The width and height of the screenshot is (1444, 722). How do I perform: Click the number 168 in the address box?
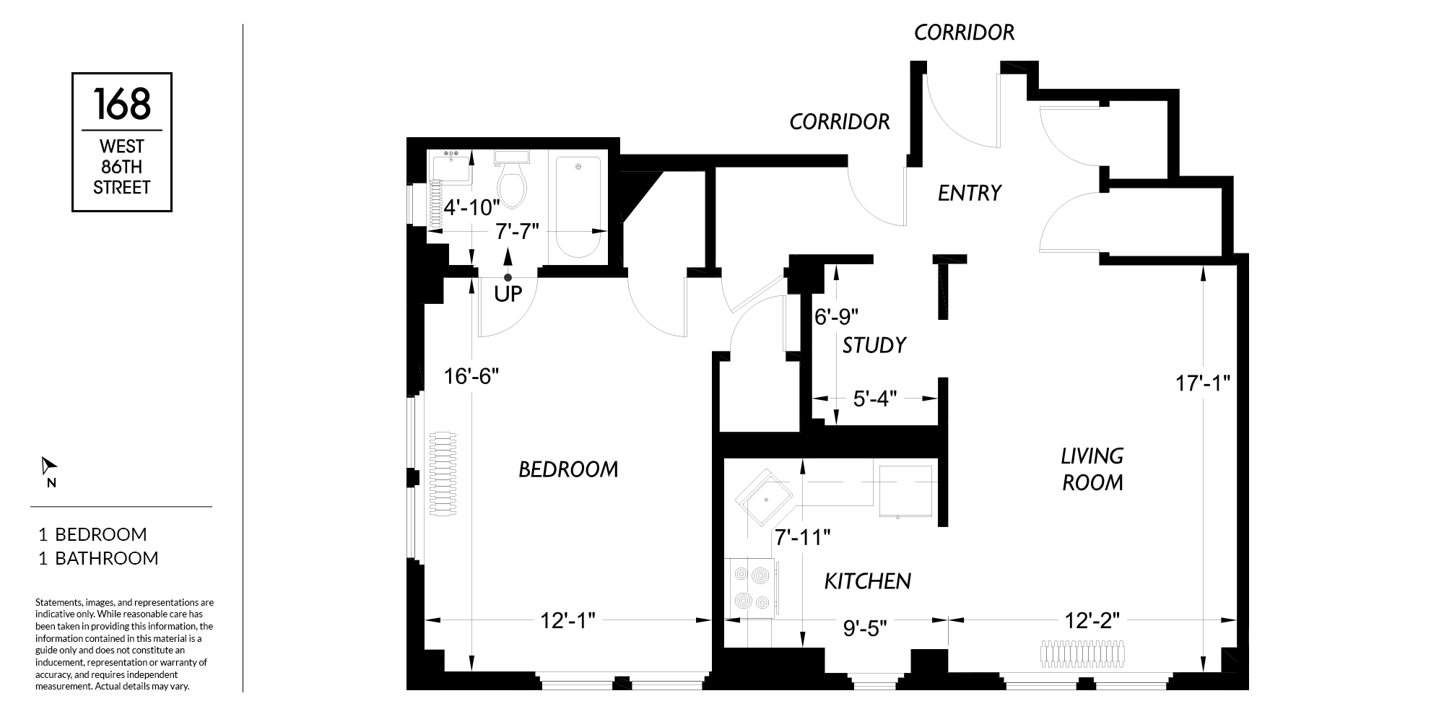click(x=122, y=104)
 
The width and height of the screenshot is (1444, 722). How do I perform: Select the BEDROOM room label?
click(x=569, y=470)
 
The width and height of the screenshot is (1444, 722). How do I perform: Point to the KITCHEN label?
click(x=868, y=581)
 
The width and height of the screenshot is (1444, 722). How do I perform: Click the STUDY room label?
click(x=874, y=345)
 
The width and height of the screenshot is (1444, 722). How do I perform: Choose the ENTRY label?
click(x=970, y=193)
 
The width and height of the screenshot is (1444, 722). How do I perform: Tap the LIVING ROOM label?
click(x=1092, y=469)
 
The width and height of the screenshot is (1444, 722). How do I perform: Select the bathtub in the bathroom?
click(x=578, y=209)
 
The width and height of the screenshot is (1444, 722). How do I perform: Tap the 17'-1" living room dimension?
click(x=1203, y=383)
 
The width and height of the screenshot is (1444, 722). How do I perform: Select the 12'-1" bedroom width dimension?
click(x=568, y=620)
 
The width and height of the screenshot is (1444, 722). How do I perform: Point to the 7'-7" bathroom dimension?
click(x=518, y=232)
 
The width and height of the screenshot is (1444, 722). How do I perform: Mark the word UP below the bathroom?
click(x=508, y=295)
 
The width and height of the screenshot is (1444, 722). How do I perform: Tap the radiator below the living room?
click(x=1082, y=654)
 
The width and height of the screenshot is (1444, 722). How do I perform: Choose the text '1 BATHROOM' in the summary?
click(x=98, y=558)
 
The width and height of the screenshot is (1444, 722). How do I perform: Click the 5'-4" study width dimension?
click(x=875, y=399)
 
